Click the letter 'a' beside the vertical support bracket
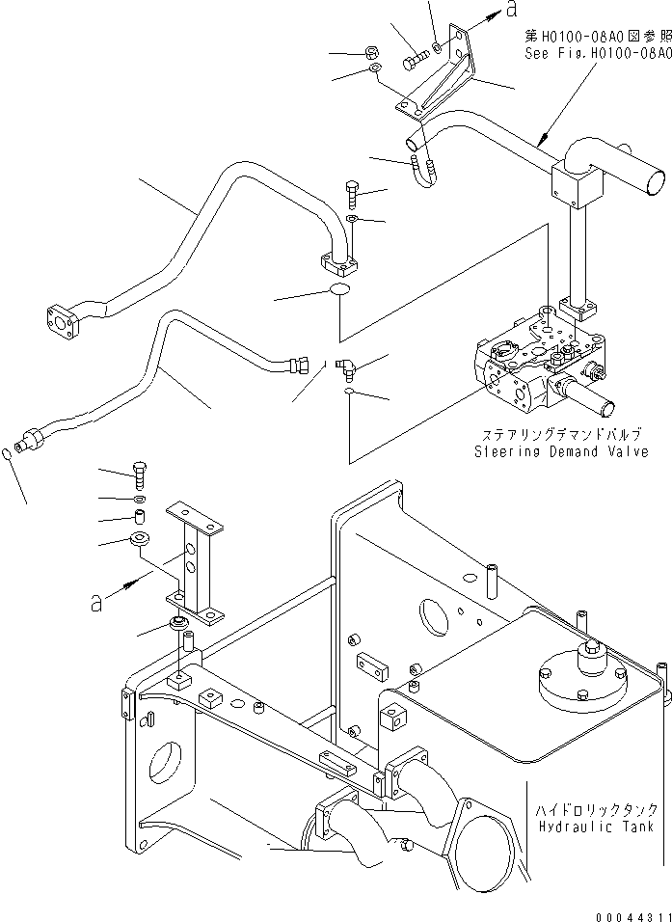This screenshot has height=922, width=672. tap(95, 603)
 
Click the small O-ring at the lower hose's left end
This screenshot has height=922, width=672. tap(7, 453)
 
